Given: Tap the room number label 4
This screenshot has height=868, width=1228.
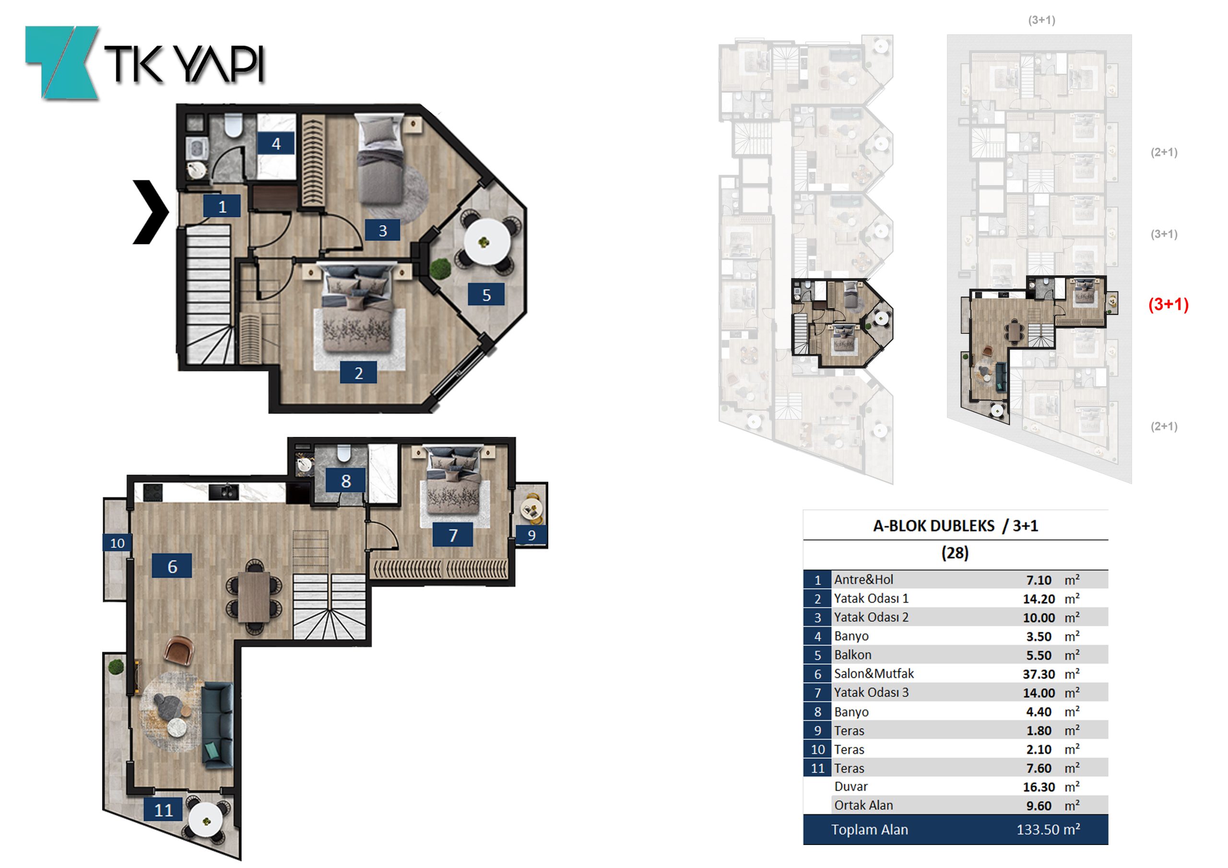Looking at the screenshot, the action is tap(276, 143).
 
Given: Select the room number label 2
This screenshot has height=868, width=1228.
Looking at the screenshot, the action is tap(358, 373).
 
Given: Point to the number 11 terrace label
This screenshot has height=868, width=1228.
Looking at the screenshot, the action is tap(164, 809).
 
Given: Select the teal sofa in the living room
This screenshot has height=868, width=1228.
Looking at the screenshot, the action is tap(218, 725).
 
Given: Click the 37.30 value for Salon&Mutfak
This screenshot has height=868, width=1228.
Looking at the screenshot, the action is tap(1039, 674).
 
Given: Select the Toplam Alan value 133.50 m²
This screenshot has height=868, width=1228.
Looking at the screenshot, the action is tap(1048, 830).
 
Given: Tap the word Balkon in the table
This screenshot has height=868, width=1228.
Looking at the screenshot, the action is tap(852, 655).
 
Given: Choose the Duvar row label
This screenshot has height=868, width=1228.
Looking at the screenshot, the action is tap(851, 786).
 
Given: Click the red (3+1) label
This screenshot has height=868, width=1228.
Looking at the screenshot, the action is tap(1169, 305).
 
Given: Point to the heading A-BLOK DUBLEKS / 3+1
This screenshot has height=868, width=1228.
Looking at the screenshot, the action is tap(955, 526).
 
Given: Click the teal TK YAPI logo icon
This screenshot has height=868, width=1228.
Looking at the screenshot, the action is tap(62, 62).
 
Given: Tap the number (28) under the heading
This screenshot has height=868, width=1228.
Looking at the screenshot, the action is tap(955, 552).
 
